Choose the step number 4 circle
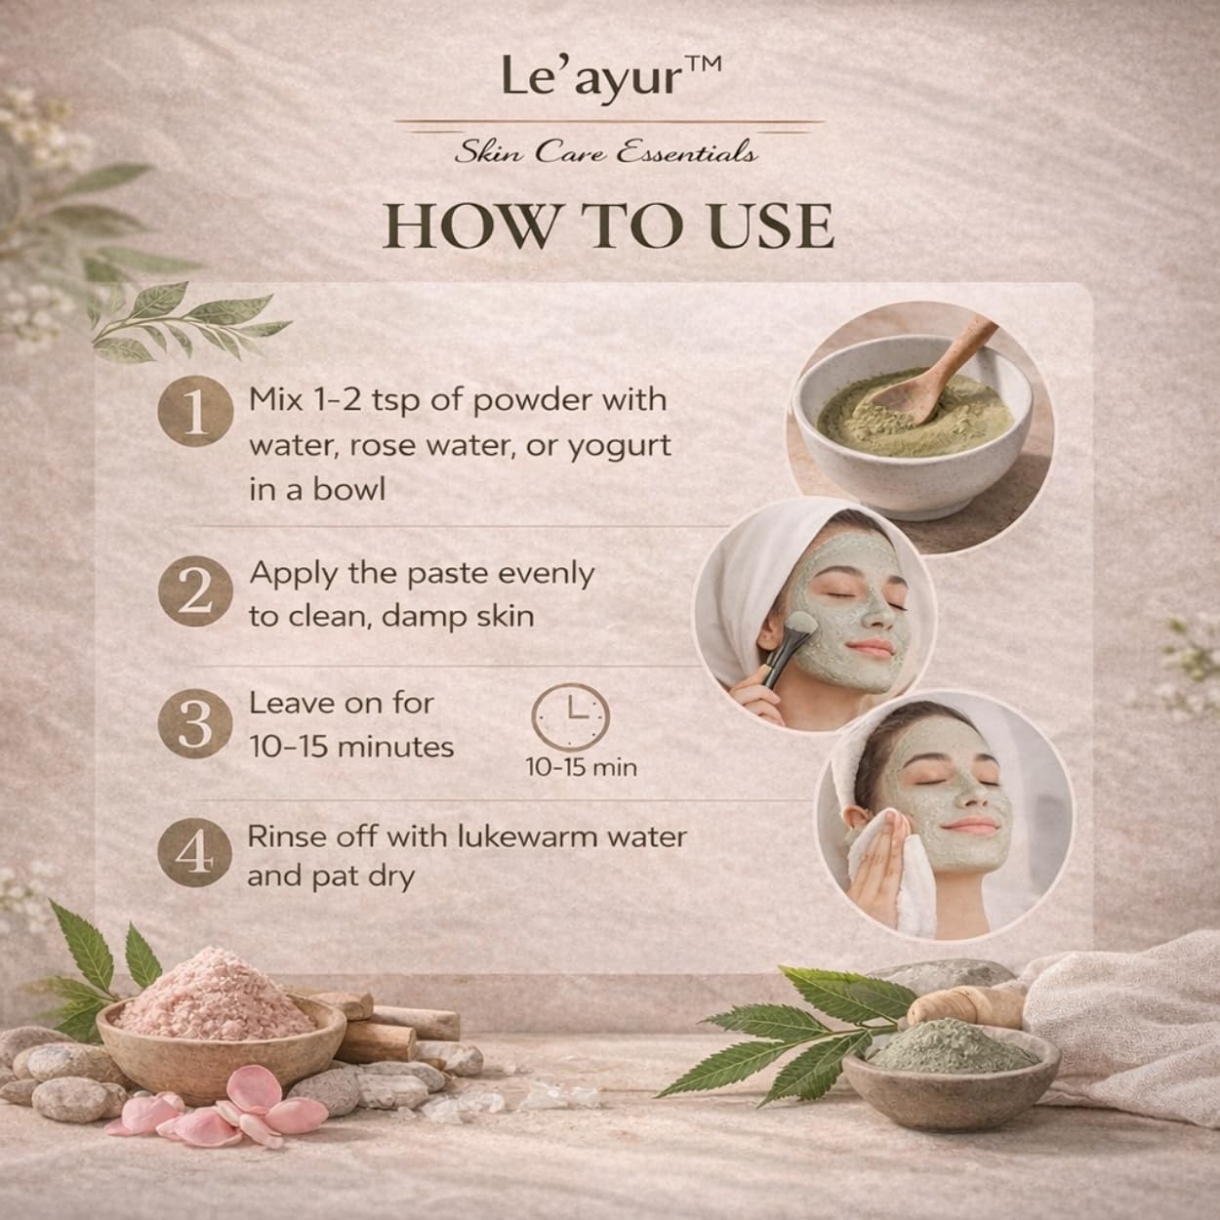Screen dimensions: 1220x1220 [195, 853]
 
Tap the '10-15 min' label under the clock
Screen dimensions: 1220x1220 [581, 768]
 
